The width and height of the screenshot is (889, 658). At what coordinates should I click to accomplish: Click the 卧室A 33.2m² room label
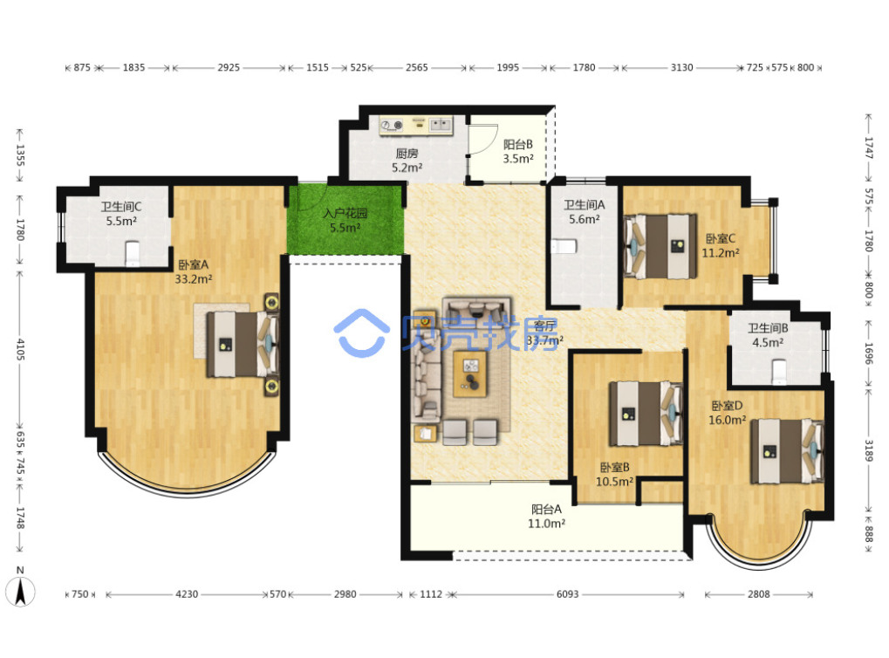point(194,271)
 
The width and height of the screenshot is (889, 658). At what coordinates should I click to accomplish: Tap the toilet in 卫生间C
point(132,254)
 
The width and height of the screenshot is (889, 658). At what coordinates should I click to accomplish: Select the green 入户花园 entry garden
point(345,220)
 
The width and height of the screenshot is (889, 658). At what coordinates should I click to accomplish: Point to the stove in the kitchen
point(391,126)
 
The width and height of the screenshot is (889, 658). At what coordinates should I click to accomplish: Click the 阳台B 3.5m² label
point(518,152)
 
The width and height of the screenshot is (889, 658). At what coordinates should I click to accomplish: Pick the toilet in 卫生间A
point(564,247)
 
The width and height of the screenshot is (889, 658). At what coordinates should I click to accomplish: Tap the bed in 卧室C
point(660,246)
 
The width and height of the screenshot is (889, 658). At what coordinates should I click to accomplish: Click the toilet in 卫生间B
point(780,371)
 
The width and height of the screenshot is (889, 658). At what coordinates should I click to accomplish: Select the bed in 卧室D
point(787,451)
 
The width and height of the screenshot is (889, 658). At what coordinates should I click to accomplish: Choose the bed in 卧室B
point(646,414)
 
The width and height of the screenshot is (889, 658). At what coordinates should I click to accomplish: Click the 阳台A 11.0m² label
point(546,517)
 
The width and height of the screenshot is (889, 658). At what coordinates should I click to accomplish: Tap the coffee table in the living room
point(470,374)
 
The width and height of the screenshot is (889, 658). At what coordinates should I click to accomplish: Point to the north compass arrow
point(20,592)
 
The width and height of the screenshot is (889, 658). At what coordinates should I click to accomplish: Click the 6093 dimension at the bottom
point(567,594)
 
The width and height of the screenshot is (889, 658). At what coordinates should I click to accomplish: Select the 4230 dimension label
point(187,594)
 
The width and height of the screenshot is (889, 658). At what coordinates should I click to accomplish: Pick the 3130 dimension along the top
point(681,67)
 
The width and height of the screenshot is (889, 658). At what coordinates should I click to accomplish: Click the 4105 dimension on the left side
point(20,349)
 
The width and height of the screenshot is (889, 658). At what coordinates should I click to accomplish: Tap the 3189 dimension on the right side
point(869,449)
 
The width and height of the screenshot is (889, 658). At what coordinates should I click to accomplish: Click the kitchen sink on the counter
point(441,124)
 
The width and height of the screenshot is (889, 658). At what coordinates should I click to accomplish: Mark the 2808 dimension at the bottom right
point(759,594)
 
